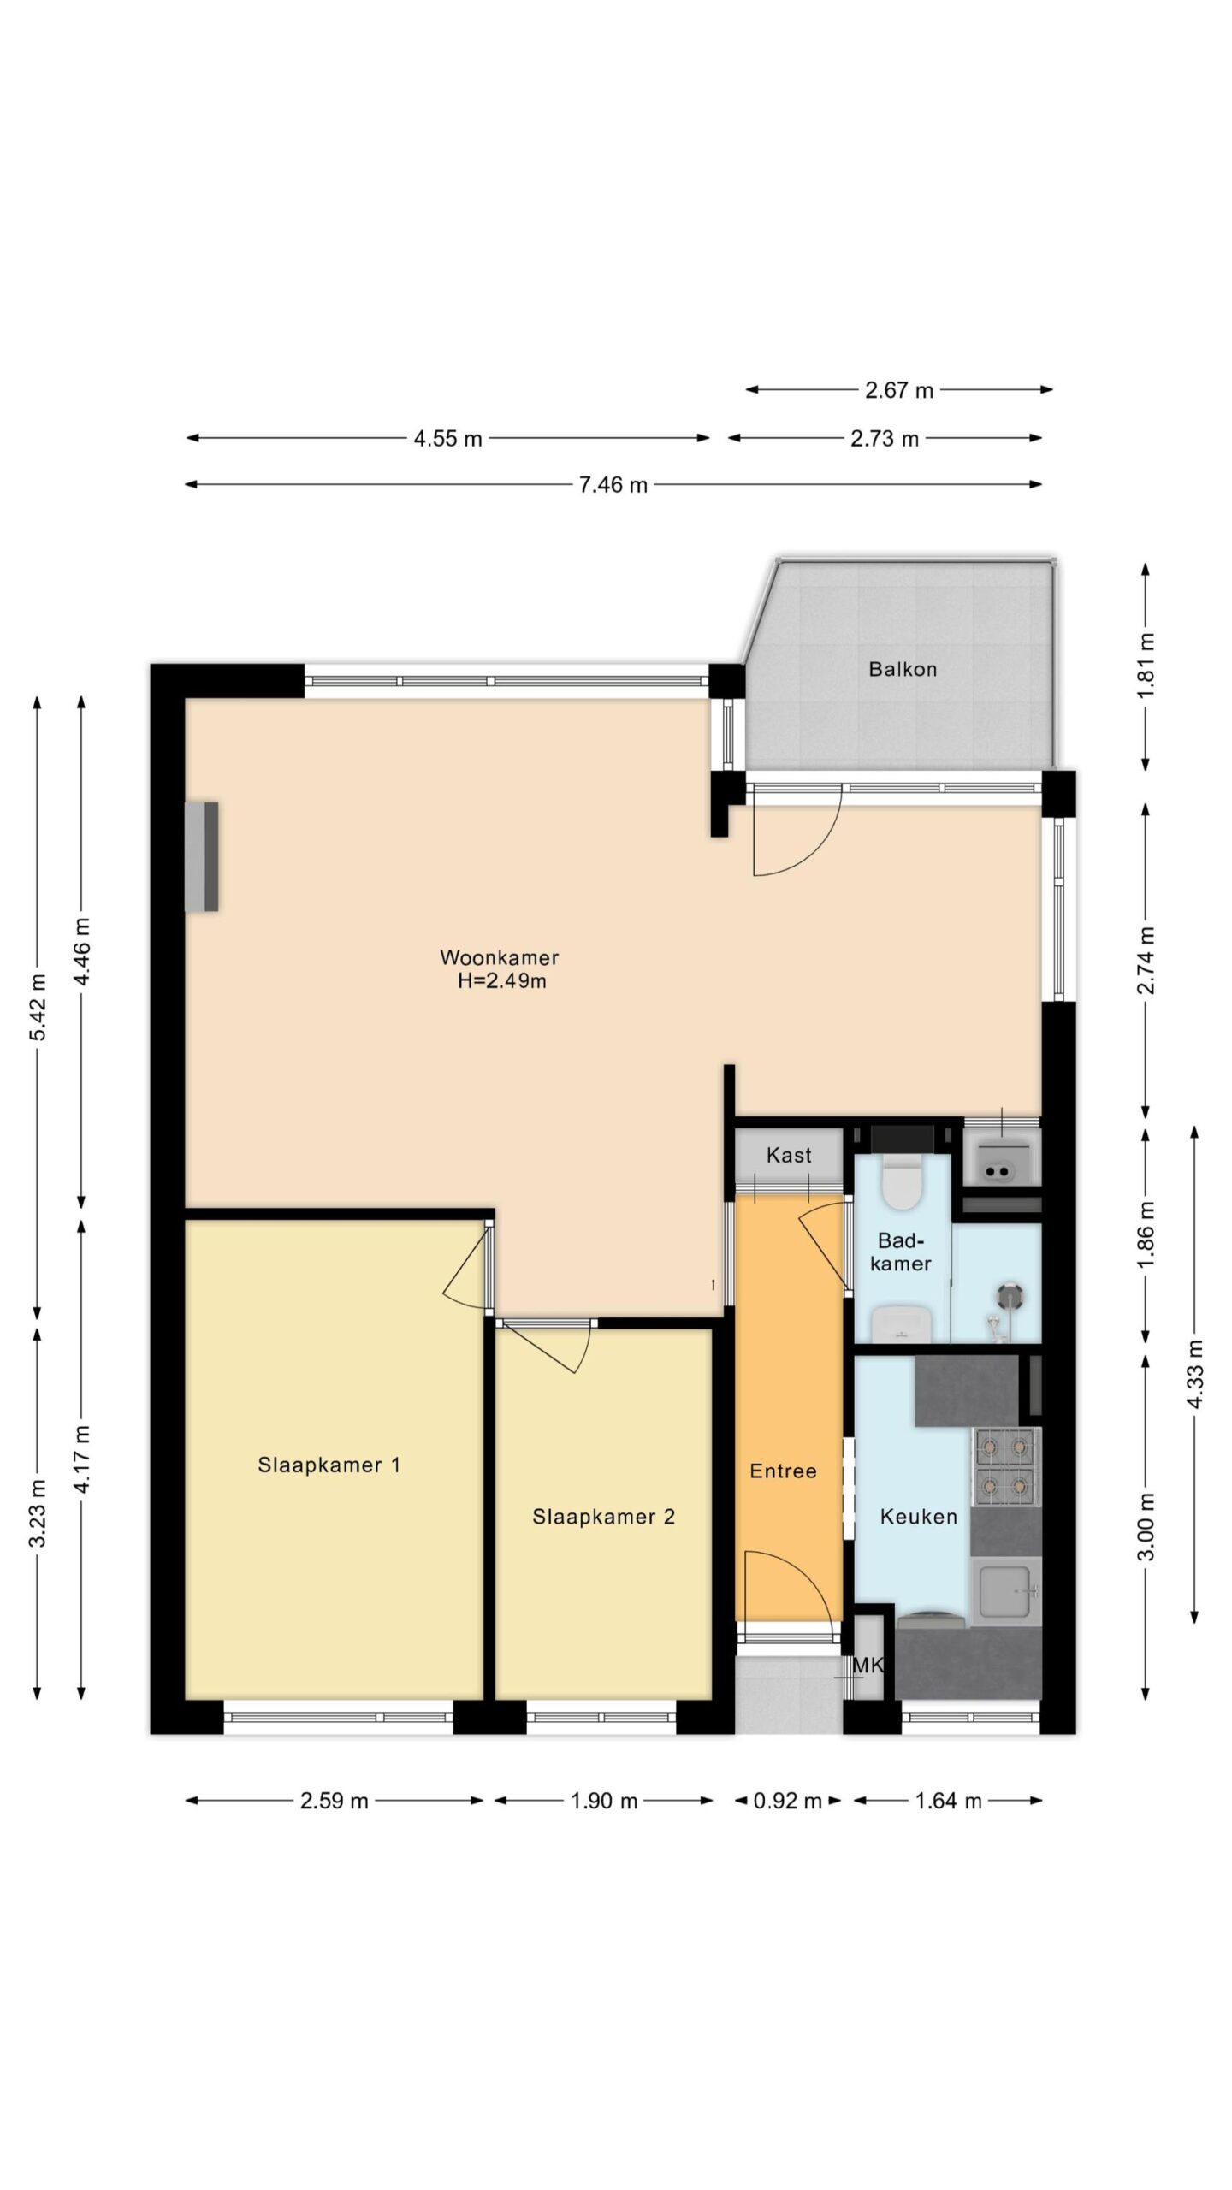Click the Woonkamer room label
tap(500, 957)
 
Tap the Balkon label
tap(903, 669)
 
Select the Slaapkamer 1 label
tap(329, 1465)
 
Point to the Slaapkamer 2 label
tap(604, 1517)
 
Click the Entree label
tap(783, 1471)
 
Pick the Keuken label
tap(919, 1517)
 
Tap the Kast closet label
tap(789, 1156)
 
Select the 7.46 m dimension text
tap(613, 485)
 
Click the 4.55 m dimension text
tap(448, 439)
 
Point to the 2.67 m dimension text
tap(899, 390)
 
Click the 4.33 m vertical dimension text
tap(1195, 1374)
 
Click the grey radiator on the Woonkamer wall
tap(202, 856)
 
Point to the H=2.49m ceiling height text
tap(502, 980)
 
